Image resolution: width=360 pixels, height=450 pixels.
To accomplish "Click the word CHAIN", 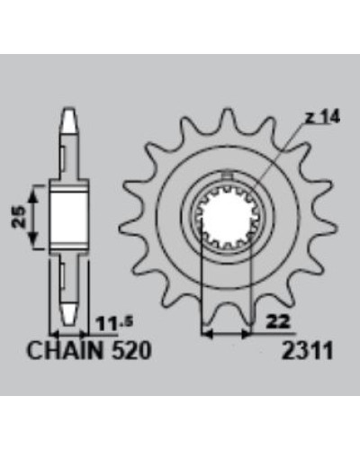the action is tap(65, 350).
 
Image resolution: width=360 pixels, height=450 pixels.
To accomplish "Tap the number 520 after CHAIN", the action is tap(130, 350).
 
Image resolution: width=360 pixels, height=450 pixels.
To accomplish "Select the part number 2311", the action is tap(307, 350).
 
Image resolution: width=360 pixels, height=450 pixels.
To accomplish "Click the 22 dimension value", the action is tap(277, 321).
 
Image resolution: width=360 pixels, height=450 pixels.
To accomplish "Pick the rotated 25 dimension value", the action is tap(19, 217).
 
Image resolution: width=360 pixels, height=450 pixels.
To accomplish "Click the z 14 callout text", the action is tap(322, 118).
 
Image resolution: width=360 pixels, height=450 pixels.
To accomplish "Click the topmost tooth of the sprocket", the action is tap(228, 119).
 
